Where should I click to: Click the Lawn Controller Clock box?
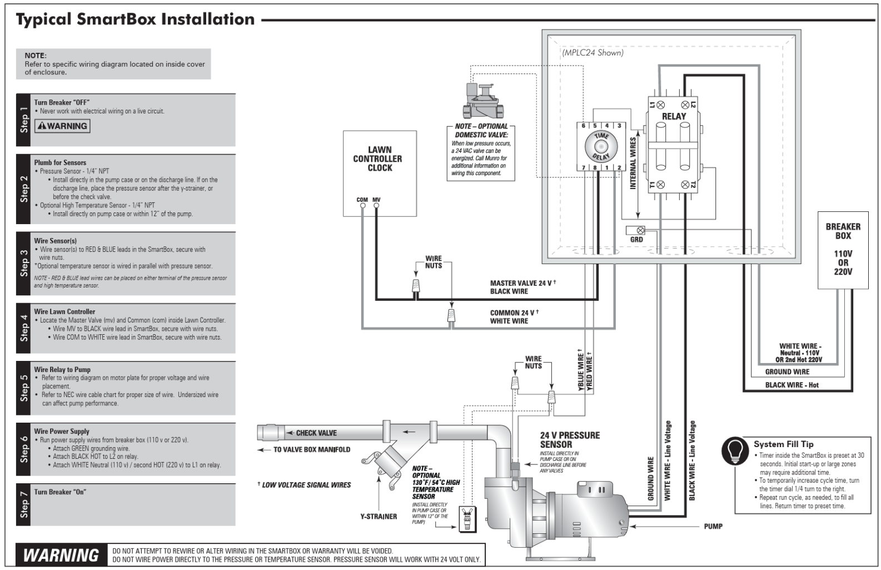point(380,173)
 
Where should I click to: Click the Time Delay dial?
point(601,147)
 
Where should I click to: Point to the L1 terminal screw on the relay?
point(661,105)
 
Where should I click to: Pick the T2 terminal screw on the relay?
point(685,185)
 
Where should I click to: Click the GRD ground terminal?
point(640,230)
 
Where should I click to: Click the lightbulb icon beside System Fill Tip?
point(735,451)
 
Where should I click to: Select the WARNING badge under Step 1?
point(62,126)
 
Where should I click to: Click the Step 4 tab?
point(23,328)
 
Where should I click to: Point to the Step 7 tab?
point(23,505)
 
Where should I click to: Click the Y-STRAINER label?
point(379,517)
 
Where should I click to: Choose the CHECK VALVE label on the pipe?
point(316,433)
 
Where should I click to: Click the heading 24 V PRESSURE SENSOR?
point(570,440)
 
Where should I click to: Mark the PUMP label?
point(713,526)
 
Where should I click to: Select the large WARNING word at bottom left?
point(61,555)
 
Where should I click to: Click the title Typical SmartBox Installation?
point(135,19)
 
